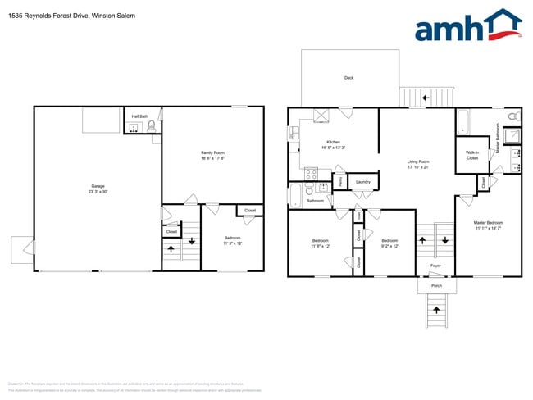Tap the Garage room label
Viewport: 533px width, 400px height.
[98, 188]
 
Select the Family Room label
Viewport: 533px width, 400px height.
[213, 153]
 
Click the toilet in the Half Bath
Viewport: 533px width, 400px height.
[152, 126]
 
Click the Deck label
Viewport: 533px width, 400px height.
[348, 78]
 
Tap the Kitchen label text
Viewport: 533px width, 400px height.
[333, 142]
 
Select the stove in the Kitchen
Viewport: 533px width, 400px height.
[311, 173]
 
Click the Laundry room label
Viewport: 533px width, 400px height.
[363, 182]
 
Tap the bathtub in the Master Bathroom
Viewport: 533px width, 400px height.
[463, 121]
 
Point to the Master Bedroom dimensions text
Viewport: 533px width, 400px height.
[488, 227]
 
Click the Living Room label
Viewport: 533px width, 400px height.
[418, 161]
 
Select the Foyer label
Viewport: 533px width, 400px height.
[435, 265]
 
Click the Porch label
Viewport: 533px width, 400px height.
[436, 285]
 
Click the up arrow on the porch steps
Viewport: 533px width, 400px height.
[435, 310]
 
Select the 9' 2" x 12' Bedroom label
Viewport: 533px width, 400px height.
[389, 243]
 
